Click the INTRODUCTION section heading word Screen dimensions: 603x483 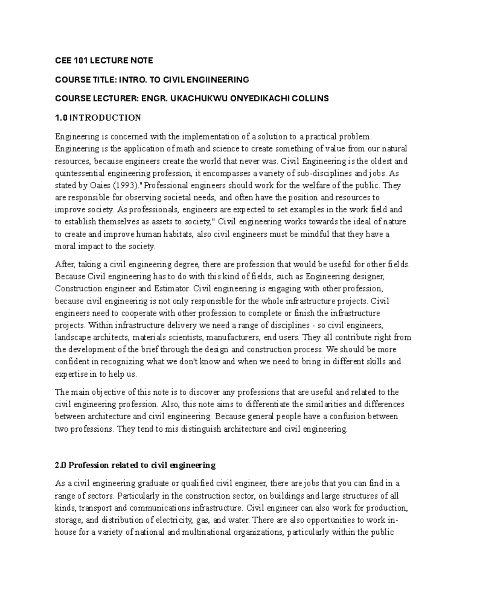[x=105, y=118]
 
